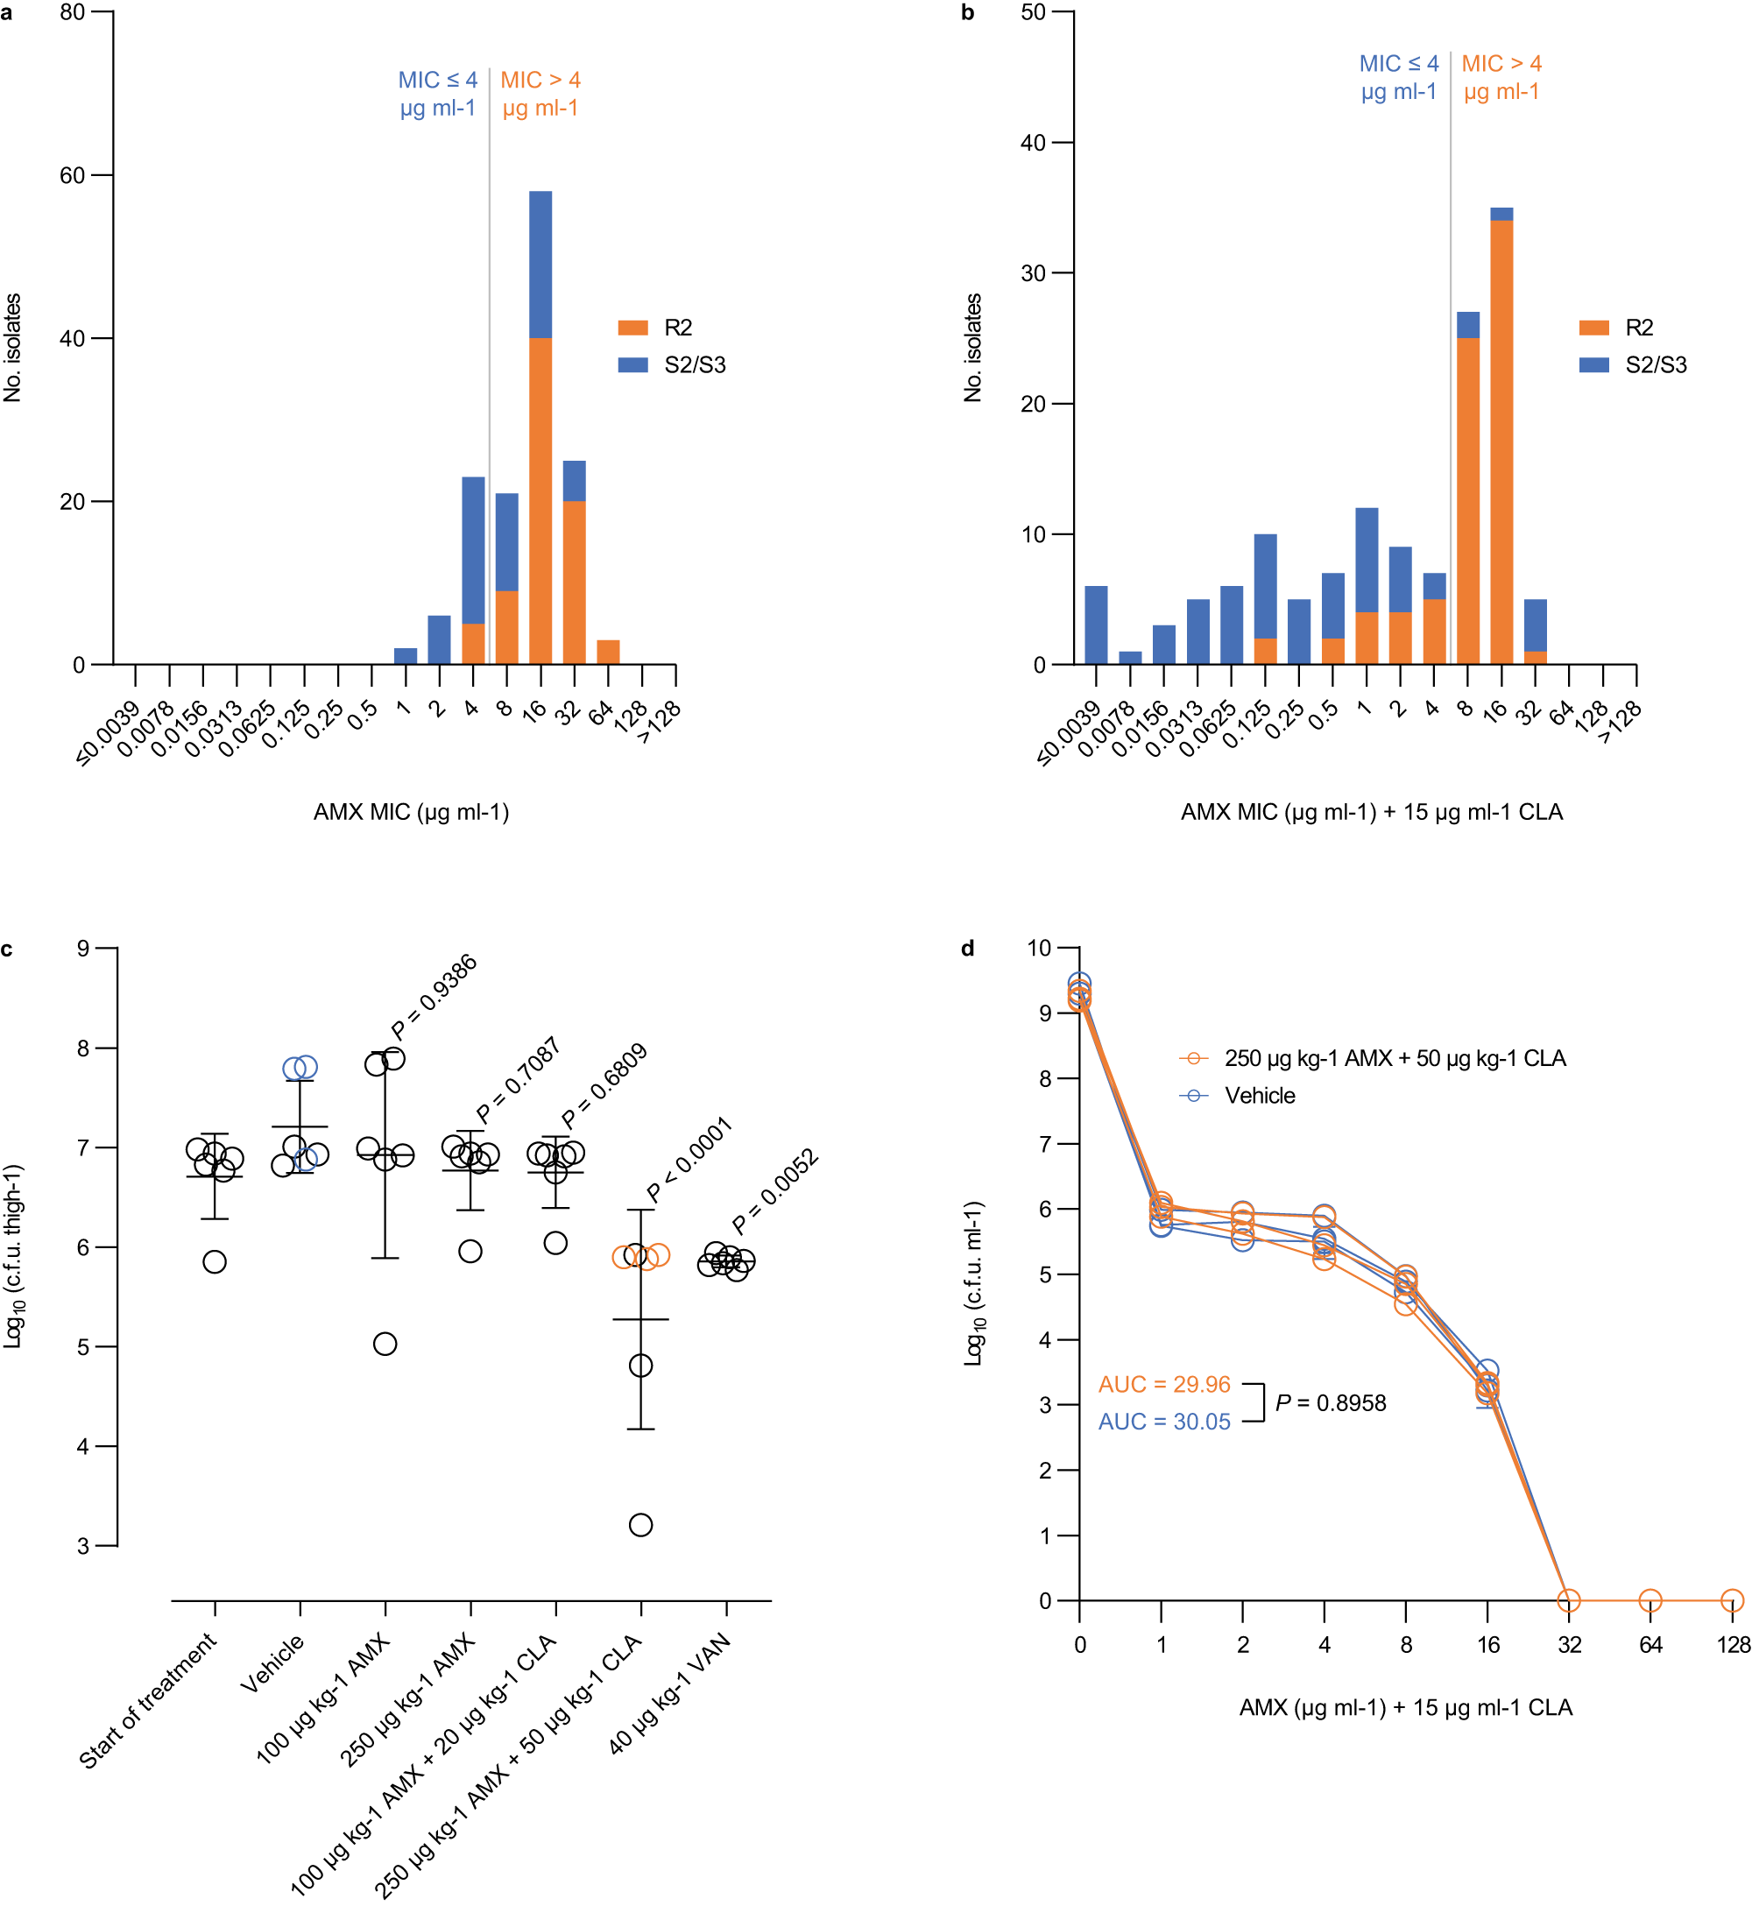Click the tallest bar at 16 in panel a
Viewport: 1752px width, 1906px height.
coord(540,427)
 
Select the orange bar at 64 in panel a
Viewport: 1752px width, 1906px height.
coord(608,652)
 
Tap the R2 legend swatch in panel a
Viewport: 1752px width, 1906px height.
coord(632,328)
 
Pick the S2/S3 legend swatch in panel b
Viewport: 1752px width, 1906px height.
coord(1593,365)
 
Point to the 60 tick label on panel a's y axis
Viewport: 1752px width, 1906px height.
coord(72,175)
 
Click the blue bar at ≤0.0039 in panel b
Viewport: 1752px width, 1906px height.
coord(1096,625)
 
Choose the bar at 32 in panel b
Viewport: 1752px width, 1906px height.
coord(1535,632)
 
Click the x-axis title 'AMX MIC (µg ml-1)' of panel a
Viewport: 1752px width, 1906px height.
coord(412,812)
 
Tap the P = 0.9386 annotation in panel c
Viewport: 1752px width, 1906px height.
coord(434,998)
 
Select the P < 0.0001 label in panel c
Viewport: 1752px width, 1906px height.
coord(689,1160)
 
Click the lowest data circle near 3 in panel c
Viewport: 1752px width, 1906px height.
coord(641,1525)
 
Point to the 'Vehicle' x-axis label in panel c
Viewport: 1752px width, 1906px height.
coord(273,1663)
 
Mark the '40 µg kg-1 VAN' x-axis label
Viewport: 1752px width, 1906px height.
coord(670,1693)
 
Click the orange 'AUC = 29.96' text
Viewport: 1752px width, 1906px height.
coord(1164,1385)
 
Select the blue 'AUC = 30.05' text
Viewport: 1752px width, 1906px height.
coord(1164,1422)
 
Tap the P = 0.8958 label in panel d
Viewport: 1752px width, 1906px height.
coord(1330,1402)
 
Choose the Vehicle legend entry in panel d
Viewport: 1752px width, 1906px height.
coord(1259,1096)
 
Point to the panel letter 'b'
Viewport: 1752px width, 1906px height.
coord(968,12)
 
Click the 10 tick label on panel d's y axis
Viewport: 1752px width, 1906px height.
coord(1040,948)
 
